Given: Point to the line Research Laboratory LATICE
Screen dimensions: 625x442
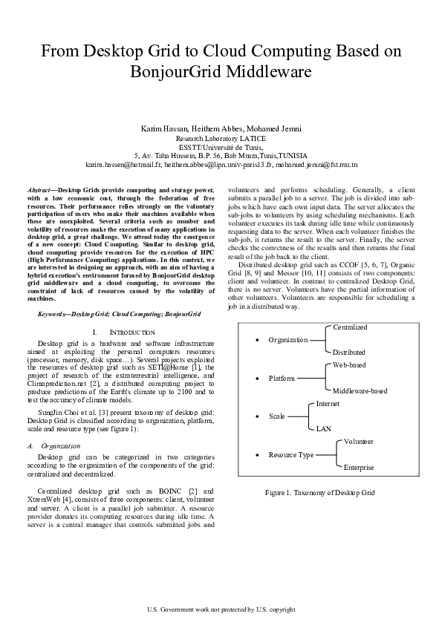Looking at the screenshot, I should (x=221, y=139).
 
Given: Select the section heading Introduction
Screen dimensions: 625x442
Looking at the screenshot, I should (x=128, y=332).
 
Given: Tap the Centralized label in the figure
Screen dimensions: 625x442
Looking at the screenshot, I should (x=350, y=327).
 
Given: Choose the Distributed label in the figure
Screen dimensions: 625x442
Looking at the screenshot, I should (x=349, y=352).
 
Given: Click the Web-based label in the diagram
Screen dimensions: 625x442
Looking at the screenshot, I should (x=349, y=366).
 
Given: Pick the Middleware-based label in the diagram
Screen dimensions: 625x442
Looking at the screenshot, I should (x=360, y=390).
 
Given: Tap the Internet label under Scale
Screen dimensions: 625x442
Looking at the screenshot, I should (x=328, y=404).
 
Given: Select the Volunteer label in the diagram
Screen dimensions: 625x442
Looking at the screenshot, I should (x=358, y=442).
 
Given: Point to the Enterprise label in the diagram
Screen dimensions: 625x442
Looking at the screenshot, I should (x=359, y=468).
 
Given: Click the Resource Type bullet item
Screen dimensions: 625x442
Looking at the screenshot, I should (x=290, y=454).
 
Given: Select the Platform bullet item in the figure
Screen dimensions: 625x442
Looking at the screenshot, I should (x=283, y=379).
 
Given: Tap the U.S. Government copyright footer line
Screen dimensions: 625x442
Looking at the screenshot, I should (x=221, y=609).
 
